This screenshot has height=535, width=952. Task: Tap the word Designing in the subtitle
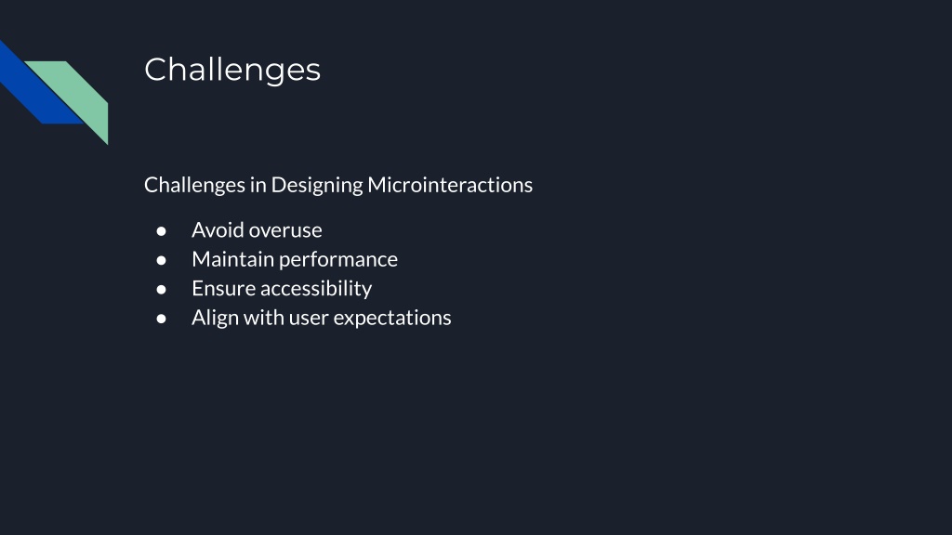(317, 185)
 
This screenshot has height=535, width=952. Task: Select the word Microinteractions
(450, 185)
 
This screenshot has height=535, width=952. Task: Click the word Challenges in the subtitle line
(194, 185)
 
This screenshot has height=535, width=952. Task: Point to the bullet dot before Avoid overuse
(161, 231)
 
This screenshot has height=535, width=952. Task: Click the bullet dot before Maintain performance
(161, 260)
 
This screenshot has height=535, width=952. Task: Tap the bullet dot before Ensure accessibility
(161, 290)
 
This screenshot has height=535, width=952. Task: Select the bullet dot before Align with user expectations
(161, 319)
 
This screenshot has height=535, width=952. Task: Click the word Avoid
(218, 230)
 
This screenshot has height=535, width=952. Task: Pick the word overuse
(286, 231)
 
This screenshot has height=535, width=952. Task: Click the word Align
(216, 319)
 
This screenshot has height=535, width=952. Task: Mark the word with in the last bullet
(263, 318)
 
